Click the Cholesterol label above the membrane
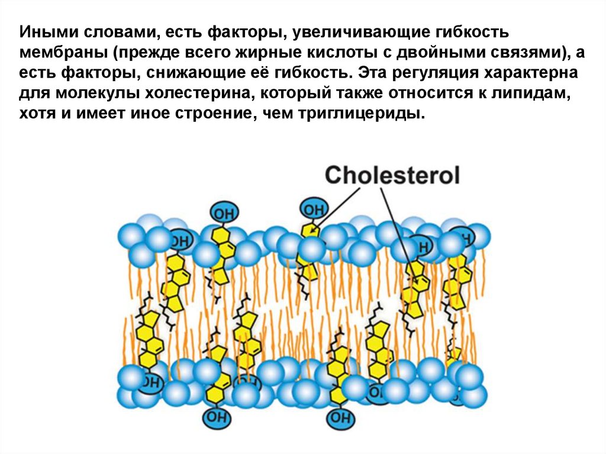click(x=392, y=175)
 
